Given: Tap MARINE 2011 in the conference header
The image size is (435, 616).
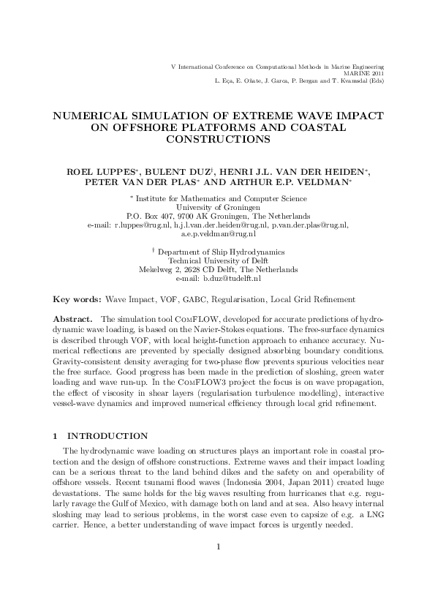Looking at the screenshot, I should [363, 74].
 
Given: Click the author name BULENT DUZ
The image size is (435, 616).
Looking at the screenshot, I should [156, 172].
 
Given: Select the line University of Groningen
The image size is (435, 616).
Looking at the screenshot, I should [217, 207].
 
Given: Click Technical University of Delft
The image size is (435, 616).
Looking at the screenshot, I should [217, 260].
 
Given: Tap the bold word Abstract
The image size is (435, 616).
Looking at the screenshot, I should [73, 320].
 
